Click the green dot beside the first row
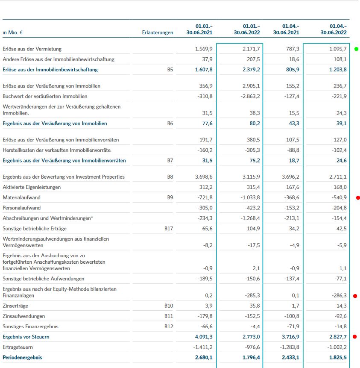(357, 49)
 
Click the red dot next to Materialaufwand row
(357, 197)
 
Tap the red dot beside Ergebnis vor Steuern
(355, 337)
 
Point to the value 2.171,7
(251, 49)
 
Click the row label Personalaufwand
(22, 208)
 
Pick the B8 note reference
(170, 177)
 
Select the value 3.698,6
(204, 177)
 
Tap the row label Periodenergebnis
(22, 357)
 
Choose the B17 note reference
(169, 229)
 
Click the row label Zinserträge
(16, 306)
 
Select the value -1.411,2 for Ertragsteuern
(202, 347)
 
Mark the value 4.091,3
(204, 337)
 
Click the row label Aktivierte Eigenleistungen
(32, 187)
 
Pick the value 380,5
(252, 140)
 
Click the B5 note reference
(170, 70)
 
